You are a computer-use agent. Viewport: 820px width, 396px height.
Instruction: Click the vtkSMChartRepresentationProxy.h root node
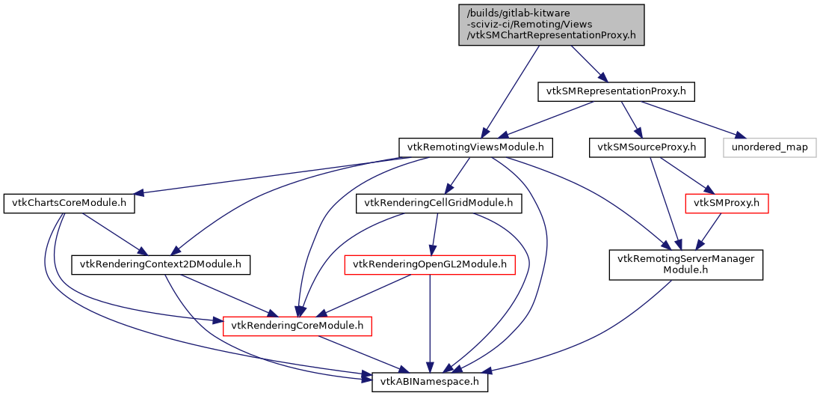coord(551,25)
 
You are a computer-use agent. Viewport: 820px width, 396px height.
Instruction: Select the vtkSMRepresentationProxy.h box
coord(617,92)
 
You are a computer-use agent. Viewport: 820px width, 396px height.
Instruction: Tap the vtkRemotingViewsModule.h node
coord(475,147)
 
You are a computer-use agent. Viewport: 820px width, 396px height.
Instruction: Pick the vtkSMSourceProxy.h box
coord(647,147)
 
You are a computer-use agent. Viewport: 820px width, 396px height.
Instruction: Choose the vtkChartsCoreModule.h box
coord(69,204)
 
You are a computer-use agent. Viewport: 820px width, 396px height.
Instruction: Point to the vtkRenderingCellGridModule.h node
coord(438,202)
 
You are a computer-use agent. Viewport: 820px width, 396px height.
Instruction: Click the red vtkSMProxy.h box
coord(727,202)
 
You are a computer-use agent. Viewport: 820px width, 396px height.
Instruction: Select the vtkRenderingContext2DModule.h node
coord(161,264)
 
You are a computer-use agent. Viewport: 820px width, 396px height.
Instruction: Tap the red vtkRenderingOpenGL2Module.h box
coord(430,264)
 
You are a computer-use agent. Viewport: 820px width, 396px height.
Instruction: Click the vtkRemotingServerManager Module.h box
coord(685,266)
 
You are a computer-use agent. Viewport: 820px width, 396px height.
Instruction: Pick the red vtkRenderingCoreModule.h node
coord(297,326)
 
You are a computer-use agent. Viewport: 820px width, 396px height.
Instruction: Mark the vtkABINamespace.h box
coord(430,382)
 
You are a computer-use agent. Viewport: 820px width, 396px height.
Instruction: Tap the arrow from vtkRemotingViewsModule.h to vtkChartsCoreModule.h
coord(284,175)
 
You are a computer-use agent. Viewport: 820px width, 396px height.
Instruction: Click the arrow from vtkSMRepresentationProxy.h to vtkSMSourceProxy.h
coord(632,120)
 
